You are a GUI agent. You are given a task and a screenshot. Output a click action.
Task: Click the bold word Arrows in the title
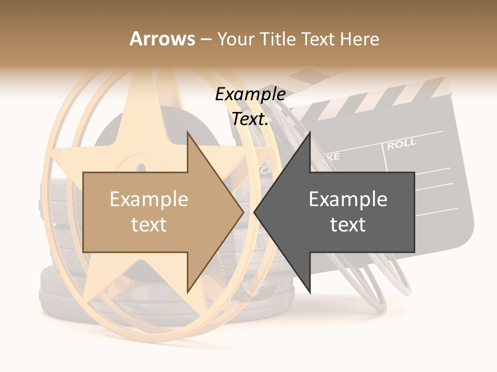pos(163,39)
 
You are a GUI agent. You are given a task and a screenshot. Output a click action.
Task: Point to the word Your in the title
pos(234,39)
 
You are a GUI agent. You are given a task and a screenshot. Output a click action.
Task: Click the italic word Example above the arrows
pos(251,95)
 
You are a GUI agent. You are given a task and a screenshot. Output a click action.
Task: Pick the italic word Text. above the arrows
pos(251,119)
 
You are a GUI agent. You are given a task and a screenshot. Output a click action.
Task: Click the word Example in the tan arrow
pos(149,199)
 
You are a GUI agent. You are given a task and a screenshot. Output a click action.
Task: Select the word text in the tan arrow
pos(149,225)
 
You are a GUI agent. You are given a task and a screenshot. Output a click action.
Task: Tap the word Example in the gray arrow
pos(348,199)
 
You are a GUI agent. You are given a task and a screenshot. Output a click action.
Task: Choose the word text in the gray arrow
pos(348,225)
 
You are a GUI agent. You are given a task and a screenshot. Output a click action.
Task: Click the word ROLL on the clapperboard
pos(401,144)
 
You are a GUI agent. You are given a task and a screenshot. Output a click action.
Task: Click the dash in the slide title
pos(206,39)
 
